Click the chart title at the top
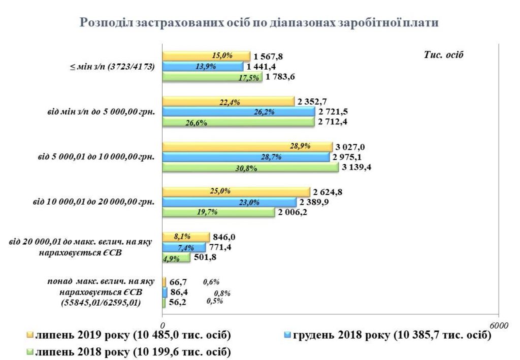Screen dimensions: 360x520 (258, 23)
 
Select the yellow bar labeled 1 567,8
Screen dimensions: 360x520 (206, 56)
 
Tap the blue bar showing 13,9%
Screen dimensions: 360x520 (202, 67)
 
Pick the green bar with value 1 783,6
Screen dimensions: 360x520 (212, 77)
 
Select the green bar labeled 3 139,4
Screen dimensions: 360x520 (250, 168)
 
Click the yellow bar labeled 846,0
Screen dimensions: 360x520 (185, 237)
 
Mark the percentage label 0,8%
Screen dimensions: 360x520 (222, 293)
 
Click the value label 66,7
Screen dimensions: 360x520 (180, 282)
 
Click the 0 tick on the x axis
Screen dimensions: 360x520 (162, 325)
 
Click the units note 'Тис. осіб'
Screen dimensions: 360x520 (444, 55)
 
